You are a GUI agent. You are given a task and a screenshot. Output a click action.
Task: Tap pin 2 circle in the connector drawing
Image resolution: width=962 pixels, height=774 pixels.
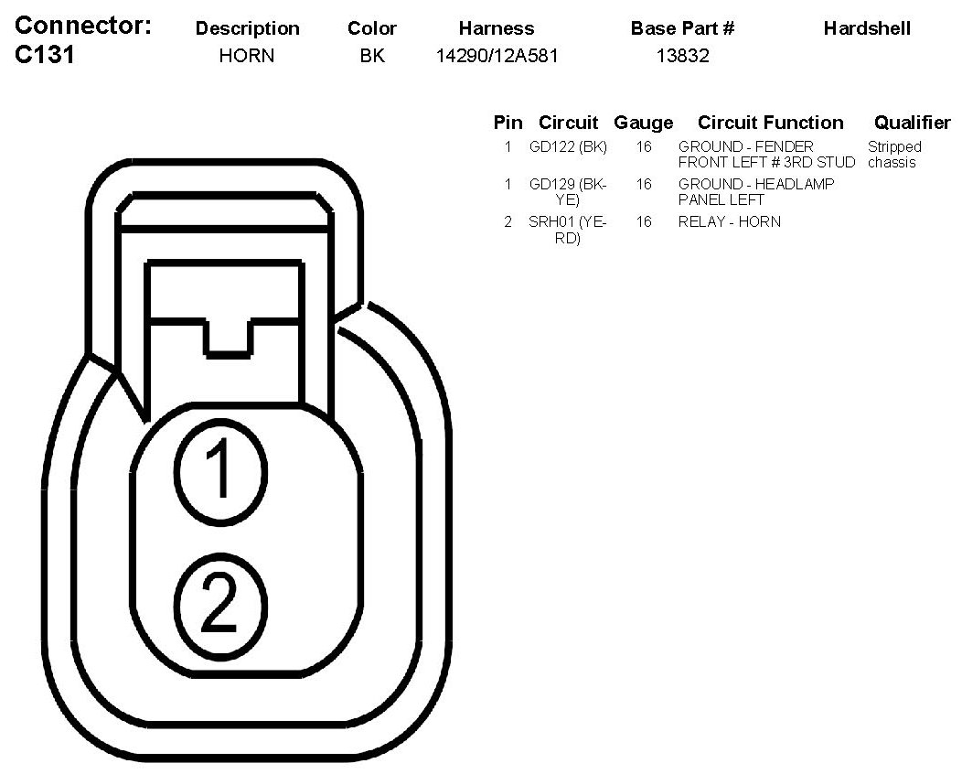click(219, 605)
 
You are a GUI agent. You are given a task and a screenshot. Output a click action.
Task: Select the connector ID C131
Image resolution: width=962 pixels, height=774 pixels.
click(45, 56)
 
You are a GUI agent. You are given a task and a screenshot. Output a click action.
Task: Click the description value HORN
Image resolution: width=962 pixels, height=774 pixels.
click(247, 57)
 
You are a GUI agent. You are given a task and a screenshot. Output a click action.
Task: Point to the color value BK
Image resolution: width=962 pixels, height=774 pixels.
click(372, 57)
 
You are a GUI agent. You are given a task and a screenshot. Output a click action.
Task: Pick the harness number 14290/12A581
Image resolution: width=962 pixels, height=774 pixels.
click(497, 57)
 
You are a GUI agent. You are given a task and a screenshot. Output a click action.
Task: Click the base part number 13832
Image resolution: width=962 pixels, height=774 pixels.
click(682, 57)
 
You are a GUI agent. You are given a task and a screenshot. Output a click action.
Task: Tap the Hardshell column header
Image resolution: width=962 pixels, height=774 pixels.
click(867, 28)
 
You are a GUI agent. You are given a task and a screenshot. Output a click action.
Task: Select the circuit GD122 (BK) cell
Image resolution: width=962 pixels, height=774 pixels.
click(568, 146)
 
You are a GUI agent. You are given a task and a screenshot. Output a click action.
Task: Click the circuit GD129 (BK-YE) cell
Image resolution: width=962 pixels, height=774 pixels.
click(568, 191)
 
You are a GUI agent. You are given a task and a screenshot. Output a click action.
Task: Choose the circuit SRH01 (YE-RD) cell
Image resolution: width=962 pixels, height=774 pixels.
click(568, 230)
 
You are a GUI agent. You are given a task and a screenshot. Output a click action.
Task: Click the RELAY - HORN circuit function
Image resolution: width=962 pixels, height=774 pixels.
click(729, 221)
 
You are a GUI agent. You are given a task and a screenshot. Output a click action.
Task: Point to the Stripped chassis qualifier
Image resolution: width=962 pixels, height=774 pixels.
click(894, 155)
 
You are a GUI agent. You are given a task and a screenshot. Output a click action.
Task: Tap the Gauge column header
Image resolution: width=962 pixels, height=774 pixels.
click(643, 123)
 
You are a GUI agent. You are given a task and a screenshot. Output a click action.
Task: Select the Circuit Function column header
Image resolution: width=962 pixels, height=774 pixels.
click(770, 123)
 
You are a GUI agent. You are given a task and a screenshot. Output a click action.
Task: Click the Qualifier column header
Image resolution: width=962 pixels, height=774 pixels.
click(912, 123)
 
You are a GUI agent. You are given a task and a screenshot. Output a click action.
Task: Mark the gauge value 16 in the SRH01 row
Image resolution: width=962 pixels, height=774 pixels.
click(644, 221)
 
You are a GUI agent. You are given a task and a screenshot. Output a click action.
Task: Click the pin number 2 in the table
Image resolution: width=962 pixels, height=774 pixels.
click(508, 221)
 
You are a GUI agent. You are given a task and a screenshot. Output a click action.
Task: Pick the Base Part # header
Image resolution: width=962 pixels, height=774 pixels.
click(682, 28)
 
